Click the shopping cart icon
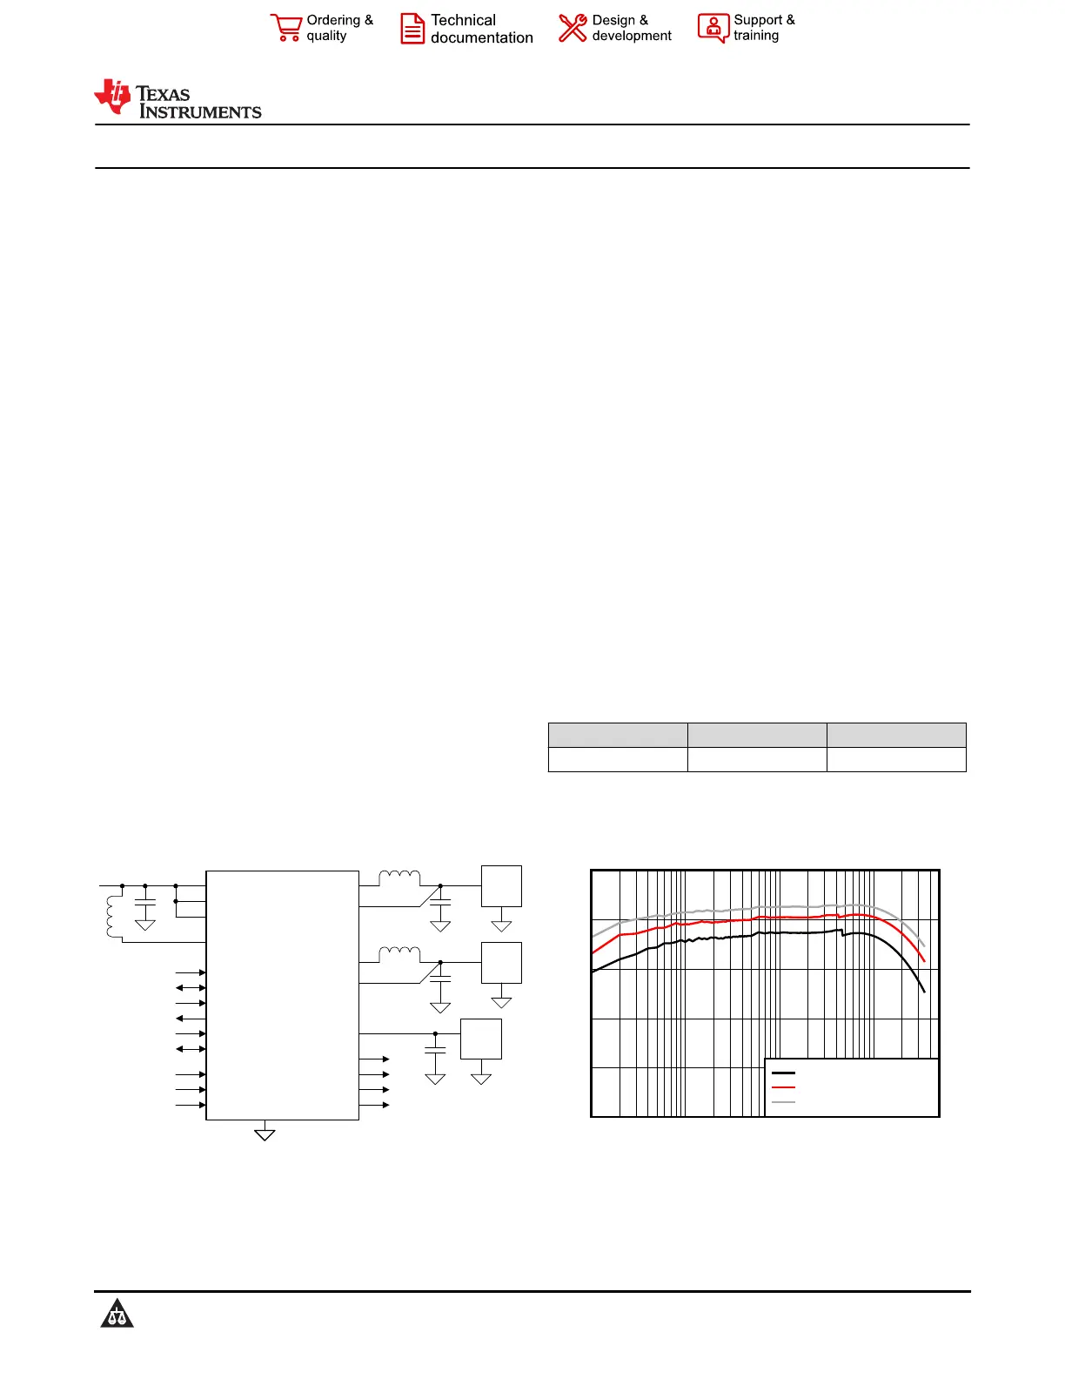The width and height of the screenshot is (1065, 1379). pyautogui.click(x=285, y=28)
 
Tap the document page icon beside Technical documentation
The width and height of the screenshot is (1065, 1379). pyautogui.click(x=412, y=29)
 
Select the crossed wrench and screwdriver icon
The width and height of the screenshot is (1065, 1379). pyautogui.click(x=573, y=28)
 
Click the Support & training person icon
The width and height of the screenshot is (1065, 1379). pyautogui.click(x=713, y=28)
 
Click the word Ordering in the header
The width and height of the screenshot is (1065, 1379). pyautogui.click(x=333, y=20)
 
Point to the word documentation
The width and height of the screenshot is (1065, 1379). pyautogui.click(x=481, y=37)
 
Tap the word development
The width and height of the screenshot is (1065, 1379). pyautogui.click(x=631, y=37)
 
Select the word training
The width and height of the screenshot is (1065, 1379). pyautogui.click(x=756, y=36)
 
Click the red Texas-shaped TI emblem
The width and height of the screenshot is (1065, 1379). pyautogui.click(x=112, y=97)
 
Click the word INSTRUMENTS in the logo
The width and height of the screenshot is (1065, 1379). pyautogui.click(x=200, y=111)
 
